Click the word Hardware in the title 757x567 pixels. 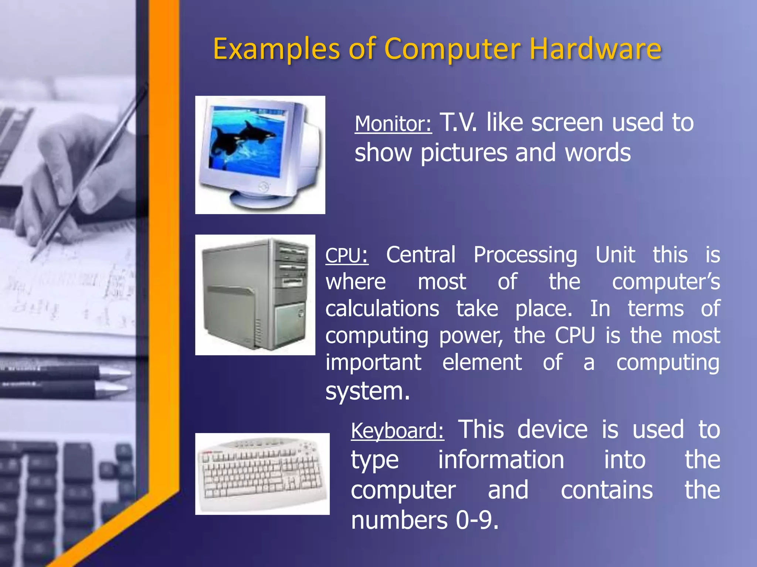coord(595,49)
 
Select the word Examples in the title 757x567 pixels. coord(276,49)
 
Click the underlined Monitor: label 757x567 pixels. coord(393,124)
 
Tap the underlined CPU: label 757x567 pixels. coord(347,255)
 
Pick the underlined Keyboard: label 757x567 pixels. coord(397,431)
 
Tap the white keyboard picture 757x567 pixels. coord(262,474)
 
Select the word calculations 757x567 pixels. coord(382,309)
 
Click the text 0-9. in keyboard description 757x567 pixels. coord(477,520)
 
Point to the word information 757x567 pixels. coord(501,460)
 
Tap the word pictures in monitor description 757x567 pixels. coord(464,153)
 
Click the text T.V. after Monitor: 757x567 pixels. coord(458,123)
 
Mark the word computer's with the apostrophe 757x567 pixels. coord(666,282)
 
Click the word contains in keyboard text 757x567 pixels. coord(607,490)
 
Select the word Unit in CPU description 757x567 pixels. coord(615,255)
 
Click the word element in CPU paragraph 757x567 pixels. coord(482,362)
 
